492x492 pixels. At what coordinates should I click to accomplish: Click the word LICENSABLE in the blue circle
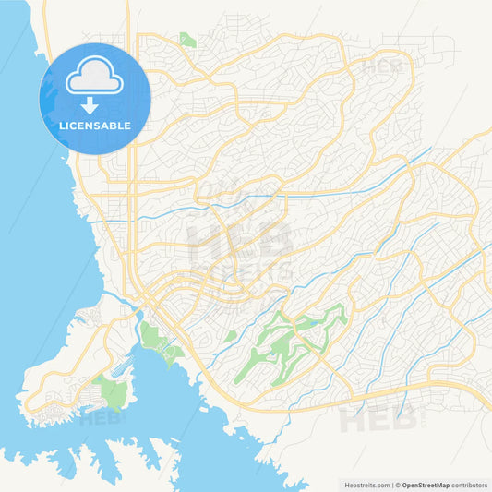(x=96, y=126)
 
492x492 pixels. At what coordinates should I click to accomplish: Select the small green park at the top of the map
(x=187, y=40)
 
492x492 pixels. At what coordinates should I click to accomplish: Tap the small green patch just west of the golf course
(x=230, y=336)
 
